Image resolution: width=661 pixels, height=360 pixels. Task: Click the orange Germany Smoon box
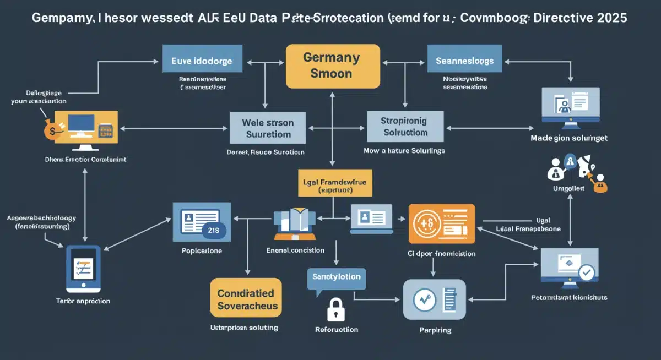[333, 65]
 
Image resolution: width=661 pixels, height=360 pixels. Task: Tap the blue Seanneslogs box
[464, 61]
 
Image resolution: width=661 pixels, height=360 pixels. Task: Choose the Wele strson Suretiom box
[268, 128]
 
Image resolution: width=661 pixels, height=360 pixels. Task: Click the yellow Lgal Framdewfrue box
[334, 184]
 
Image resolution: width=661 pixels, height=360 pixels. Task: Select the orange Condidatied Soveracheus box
[246, 297]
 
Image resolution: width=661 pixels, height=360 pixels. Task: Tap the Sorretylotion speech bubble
[336, 278]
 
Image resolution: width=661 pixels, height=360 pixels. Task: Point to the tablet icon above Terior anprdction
[84, 268]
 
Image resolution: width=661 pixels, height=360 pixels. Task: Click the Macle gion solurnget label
[569, 138]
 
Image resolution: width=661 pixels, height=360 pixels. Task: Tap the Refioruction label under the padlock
[336, 330]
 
